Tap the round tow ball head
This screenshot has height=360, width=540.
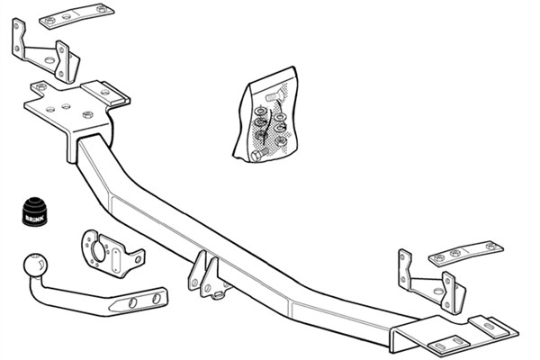coord(36,267)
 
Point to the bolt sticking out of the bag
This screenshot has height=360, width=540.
coord(254,156)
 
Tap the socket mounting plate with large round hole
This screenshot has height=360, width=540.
coord(108,255)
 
